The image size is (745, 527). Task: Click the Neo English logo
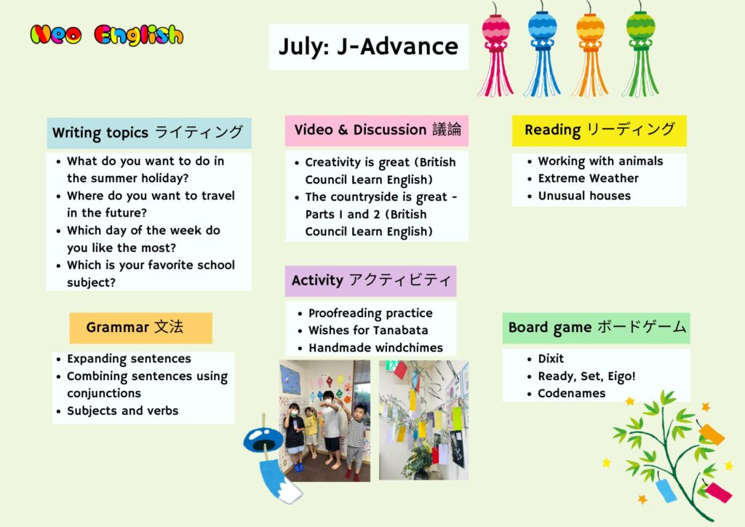(x=106, y=35)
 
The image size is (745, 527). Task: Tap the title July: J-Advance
(x=368, y=47)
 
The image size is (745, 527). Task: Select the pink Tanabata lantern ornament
(x=495, y=50)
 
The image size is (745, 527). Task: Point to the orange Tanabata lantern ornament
(x=590, y=50)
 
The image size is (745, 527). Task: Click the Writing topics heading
(x=148, y=133)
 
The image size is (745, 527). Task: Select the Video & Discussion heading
(x=377, y=130)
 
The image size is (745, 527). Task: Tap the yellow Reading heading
(x=599, y=130)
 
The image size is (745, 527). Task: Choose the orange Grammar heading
(x=140, y=328)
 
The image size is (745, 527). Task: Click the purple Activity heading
(x=370, y=281)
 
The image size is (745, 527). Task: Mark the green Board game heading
(x=597, y=328)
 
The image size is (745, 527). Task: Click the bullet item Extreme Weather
(x=588, y=178)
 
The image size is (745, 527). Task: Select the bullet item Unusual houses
(x=584, y=196)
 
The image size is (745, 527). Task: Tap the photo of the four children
(x=324, y=421)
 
